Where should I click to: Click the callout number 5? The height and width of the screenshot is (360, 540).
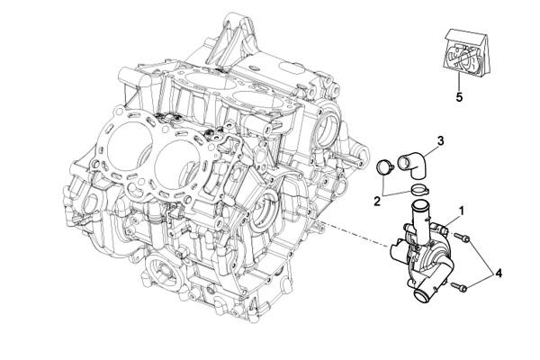point(459,97)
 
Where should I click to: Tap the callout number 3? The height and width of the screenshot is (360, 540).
point(440,141)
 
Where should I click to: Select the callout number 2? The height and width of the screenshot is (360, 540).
point(377,202)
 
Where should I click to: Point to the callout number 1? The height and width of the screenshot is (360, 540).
point(462,211)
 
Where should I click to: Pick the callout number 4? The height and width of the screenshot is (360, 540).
point(499,274)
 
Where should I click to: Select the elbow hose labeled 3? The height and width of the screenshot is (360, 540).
point(414,165)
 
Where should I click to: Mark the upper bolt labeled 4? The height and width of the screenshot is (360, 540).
point(462,238)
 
